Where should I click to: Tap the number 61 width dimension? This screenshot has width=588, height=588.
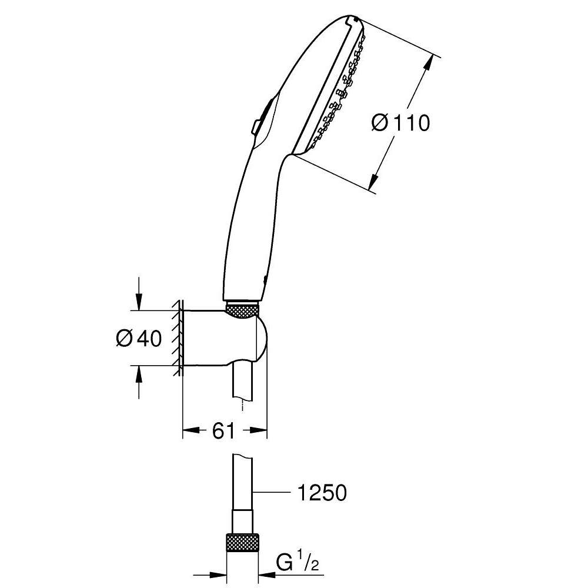click(x=223, y=431)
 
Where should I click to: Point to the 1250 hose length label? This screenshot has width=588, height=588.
click(x=322, y=493)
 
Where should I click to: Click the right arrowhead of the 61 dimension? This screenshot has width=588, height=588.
click(x=261, y=432)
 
